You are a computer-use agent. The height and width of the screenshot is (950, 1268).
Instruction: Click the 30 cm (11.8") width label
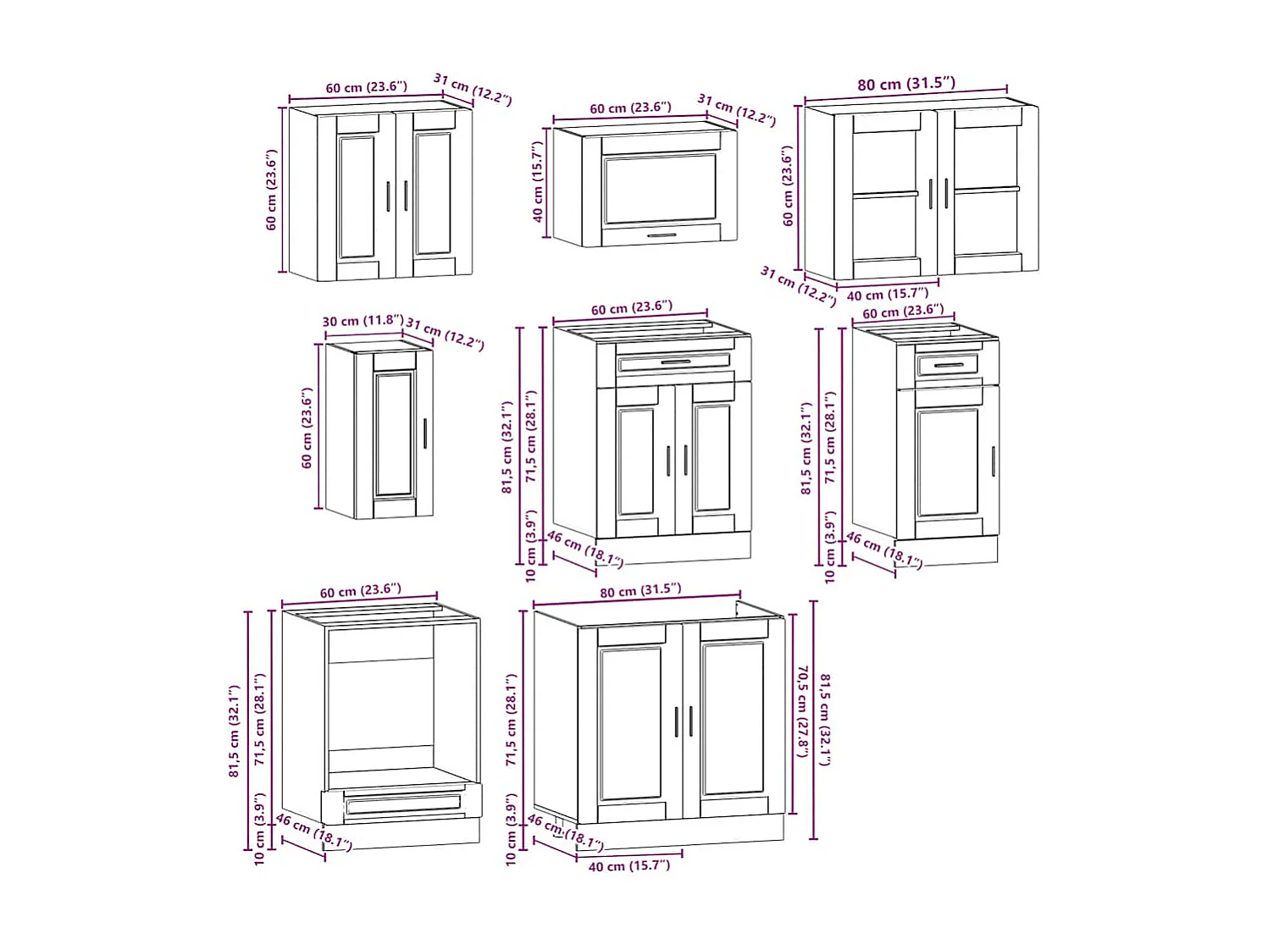tap(363, 321)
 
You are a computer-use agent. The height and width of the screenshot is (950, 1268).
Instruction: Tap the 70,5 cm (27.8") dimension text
tap(802, 711)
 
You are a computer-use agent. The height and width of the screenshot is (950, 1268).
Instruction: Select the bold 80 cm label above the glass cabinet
tap(905, 84)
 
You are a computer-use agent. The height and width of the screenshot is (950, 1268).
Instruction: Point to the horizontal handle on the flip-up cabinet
tap(662, 235)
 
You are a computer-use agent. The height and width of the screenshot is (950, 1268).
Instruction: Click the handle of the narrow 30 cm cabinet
tap(424, 433)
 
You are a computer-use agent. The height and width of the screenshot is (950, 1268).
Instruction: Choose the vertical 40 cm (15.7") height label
tap(538, 181)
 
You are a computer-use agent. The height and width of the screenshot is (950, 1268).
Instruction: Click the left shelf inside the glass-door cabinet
tap(885, 194)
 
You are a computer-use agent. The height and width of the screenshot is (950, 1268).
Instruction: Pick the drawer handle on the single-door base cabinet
tap(948, 366)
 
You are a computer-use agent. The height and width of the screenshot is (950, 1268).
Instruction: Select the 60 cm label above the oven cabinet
tap(360, 590)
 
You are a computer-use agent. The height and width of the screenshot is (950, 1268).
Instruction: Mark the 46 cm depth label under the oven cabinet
tap(313, 831)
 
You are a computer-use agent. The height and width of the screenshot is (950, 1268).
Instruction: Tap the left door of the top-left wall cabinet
tap(357, 196)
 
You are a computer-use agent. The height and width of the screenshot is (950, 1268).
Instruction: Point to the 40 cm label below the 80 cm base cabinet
tap(628, 865)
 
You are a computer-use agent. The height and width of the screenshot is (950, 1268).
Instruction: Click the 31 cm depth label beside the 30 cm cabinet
tap(445, 333)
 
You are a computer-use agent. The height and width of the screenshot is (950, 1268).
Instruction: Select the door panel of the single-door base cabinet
tap(947, 462)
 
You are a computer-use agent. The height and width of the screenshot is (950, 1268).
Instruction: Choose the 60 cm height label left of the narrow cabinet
tap(307, 428)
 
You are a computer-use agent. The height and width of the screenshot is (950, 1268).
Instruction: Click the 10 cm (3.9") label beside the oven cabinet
tap(260, 829)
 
